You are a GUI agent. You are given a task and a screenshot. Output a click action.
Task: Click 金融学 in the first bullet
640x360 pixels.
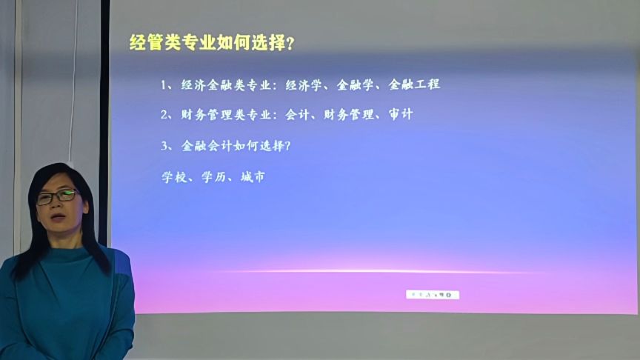point(354,84)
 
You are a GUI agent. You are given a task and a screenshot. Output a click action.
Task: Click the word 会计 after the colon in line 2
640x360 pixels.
point(296,115)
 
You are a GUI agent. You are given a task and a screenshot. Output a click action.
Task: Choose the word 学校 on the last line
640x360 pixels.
point(173,178)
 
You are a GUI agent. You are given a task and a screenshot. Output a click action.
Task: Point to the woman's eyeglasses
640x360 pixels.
point(58,197)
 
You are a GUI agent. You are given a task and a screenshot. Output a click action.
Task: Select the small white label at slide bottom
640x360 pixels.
point(432,295)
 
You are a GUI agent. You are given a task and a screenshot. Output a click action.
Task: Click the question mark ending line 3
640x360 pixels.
point(287,146)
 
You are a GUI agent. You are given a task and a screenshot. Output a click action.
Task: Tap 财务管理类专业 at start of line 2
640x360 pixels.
point(222,115)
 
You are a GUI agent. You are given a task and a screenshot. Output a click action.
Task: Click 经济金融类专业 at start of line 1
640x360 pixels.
point(222,84)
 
